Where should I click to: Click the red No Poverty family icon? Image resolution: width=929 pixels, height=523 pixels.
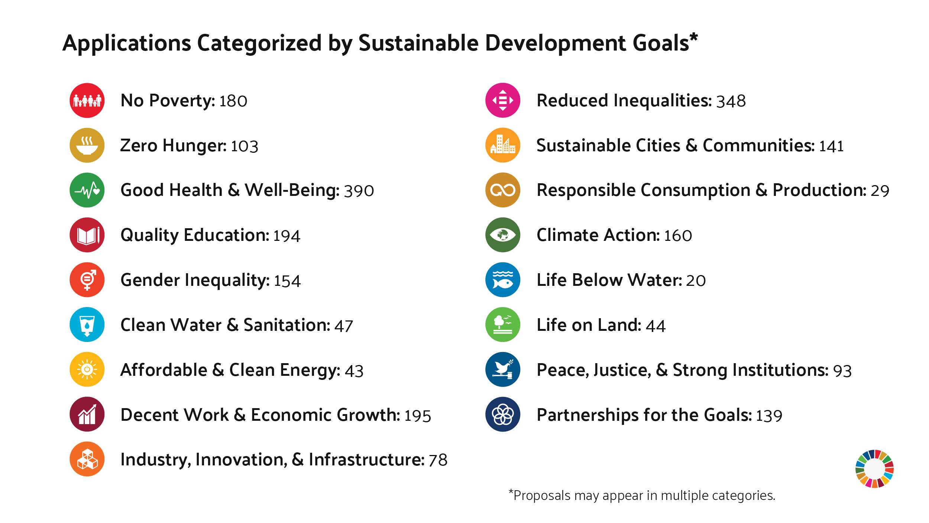[x=87, y=100]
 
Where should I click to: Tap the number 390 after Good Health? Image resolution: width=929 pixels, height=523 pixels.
[x=359, y=191]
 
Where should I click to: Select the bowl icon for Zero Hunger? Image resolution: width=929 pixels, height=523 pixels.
[x=87, y=145]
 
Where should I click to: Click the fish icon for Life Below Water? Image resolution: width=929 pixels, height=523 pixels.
[x=502, y=280]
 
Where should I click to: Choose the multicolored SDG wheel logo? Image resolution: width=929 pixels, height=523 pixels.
[x=874, y=469]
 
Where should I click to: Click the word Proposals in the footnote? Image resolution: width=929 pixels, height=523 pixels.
[x=541, y=496]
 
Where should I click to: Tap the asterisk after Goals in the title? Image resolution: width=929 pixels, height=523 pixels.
[x=693, y=37]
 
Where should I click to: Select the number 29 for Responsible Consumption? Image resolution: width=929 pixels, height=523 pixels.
[x=880, y=191]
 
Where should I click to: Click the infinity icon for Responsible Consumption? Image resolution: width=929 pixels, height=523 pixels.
[x=502, y=190]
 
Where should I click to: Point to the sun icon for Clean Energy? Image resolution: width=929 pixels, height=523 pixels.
[x=87, y=369]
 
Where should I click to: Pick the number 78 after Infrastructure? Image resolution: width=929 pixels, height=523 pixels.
[x=438, y=461]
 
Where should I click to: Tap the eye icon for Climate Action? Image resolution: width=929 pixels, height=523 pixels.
[x=502, y=235]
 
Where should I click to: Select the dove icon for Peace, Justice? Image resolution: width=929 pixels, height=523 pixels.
[x=502, y=369]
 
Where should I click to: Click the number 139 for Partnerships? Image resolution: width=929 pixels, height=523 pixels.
[x=769, y=416]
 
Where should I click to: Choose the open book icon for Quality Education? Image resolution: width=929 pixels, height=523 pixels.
[x=87, y=235]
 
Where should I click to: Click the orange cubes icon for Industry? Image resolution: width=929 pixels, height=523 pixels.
[x=87, y=459]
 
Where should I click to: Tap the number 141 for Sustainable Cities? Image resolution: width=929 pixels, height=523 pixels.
[x=831, y=146]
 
